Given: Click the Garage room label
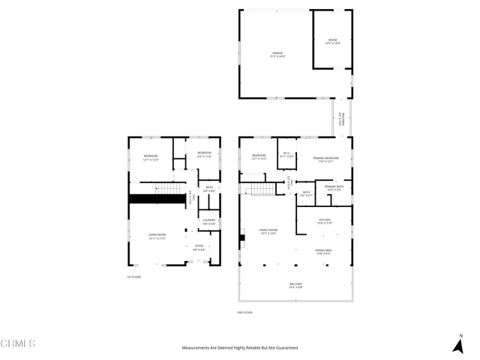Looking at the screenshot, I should (278, 54).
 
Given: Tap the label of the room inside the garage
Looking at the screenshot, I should (332, 42).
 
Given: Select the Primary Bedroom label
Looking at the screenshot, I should (325, 159).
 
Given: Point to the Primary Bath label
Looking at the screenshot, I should (334, 187).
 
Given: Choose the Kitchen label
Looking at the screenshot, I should (324, 221).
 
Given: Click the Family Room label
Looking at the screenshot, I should (268, 231).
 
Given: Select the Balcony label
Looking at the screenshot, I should (296, 285).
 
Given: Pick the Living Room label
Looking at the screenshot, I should (157, 237).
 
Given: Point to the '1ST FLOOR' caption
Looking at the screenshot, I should (133, 277).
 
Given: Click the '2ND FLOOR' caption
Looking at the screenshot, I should (244, 312).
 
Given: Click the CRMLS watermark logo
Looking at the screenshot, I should (18, 344).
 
